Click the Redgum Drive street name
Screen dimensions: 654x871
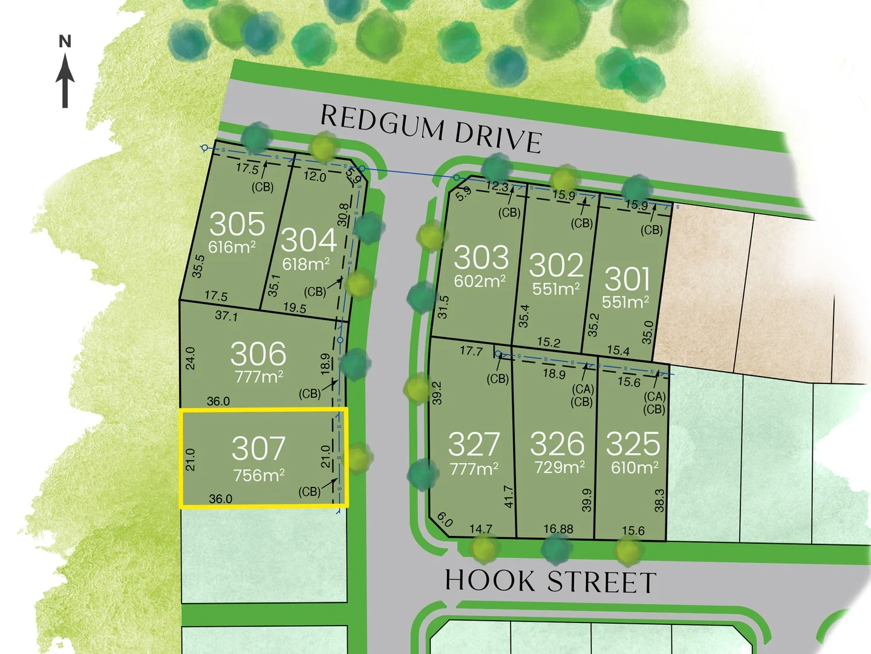tap(430, 128)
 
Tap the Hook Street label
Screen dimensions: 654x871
tap(550, 581)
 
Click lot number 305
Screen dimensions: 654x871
tap(237, 224)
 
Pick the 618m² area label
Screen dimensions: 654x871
tap(306, 264)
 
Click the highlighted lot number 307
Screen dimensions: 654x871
tap(258, 449)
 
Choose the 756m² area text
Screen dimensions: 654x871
tap(259, 475)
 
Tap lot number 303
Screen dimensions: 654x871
tap(481, 257)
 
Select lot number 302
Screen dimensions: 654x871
tap(556, 265)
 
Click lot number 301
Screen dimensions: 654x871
tap(627, 279)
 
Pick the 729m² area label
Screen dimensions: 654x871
tap(559, 467)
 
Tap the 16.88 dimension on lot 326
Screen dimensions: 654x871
tap(558, 529)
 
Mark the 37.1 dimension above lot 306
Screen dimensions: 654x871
tap(226, 316)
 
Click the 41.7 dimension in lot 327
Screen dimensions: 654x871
tap(508, 497)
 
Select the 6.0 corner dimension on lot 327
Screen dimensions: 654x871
tap(445, 520)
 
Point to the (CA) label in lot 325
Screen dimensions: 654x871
tap(654, 397)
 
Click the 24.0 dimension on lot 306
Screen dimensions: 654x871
tap(191, 358)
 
